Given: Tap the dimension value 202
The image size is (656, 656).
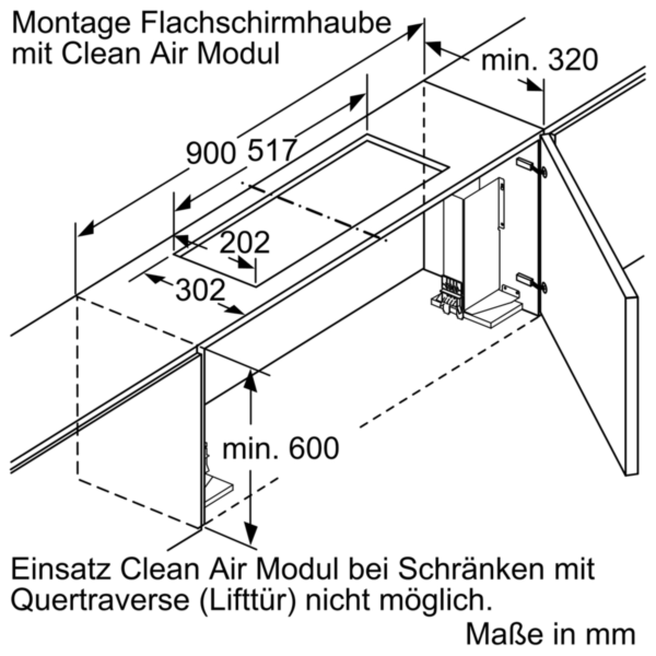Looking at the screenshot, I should click(244, 243).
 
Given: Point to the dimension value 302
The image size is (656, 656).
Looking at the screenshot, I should click(201, 290).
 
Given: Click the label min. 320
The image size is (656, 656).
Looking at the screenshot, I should click(539, 61).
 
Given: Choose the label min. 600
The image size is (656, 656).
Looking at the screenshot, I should click(280, 448).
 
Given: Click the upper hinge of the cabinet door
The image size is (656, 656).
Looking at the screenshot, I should click(531, 167).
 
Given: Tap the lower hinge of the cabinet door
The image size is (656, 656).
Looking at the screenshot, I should click(531, 281).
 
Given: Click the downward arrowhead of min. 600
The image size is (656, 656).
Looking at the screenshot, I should click(251, 533).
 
